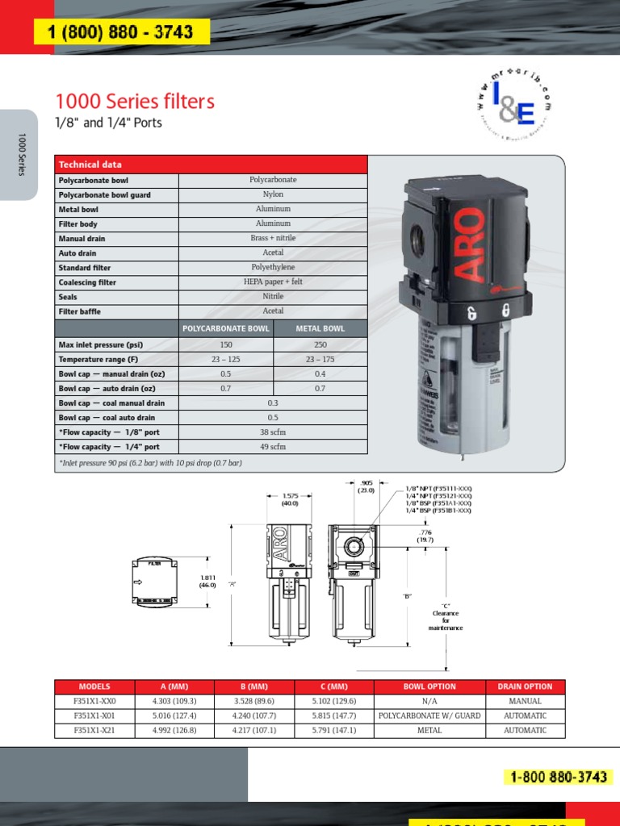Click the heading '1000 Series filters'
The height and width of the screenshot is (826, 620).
click(x=135, y=102)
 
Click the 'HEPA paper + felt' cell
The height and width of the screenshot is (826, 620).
click(x=273, y=282)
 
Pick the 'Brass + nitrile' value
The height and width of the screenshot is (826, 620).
click(x=273, y=239)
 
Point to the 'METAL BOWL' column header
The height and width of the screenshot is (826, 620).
click(x=320, y=329)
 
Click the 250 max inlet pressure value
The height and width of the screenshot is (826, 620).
click(x=320, y=344)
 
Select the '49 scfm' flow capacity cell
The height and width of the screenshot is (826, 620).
click(x=273, y=447)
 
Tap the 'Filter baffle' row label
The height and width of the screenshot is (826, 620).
click(x=80, y=311)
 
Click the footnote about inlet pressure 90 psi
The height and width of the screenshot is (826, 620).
click(x=150, y=463)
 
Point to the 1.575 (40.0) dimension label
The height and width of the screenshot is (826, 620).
click(x=290, y=499)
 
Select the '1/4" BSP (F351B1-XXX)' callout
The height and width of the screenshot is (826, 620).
click(x=438, y=511)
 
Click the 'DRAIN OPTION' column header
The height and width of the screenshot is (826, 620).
click(x=526, y=686)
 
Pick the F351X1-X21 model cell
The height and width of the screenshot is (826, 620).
click(x=94, y=731)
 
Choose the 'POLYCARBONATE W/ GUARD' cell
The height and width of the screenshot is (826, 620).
click(x=429, y=716)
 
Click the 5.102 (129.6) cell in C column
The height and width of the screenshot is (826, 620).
click(x=334, y=702)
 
